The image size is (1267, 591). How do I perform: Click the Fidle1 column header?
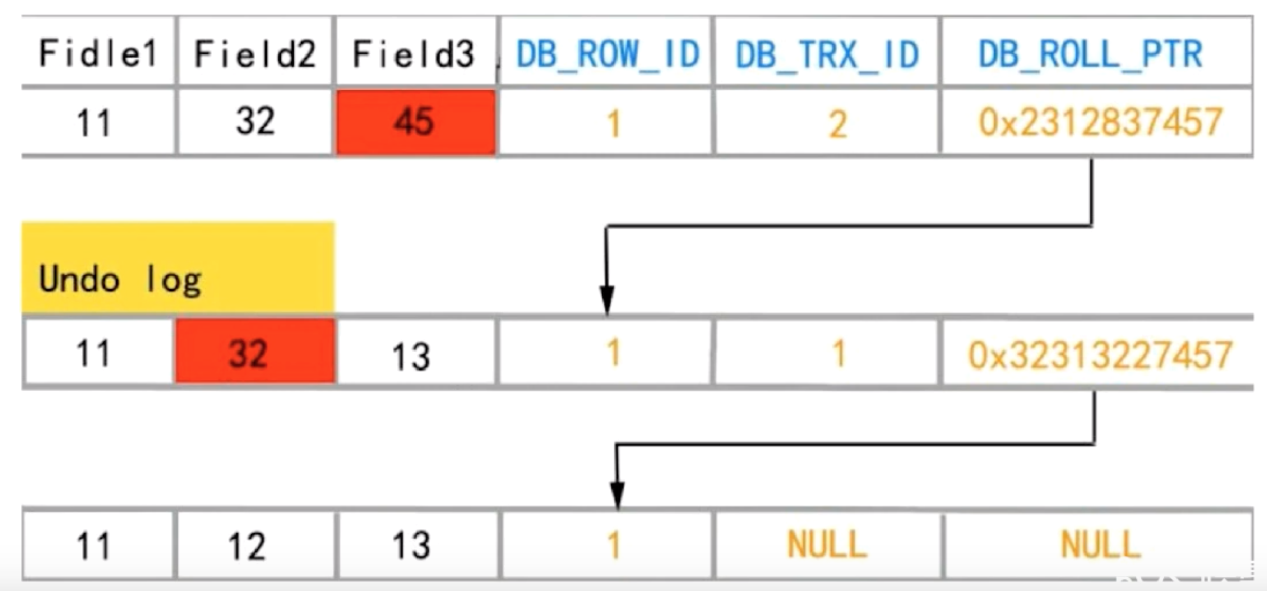98,53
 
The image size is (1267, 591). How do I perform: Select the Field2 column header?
255,53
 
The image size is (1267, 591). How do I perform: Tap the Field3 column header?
413,53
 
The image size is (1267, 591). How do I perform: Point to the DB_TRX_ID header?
827,53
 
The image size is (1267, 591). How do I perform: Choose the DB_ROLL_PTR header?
1090,53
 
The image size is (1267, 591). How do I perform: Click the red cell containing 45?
415,122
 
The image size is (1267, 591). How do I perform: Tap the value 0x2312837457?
1099,123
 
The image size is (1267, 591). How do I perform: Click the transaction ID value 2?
838,124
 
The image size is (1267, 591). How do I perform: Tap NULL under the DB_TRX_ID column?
827,545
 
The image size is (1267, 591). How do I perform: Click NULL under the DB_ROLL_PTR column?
1100,545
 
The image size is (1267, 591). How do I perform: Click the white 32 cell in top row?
255,122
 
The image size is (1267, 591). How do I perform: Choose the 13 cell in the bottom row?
411,545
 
